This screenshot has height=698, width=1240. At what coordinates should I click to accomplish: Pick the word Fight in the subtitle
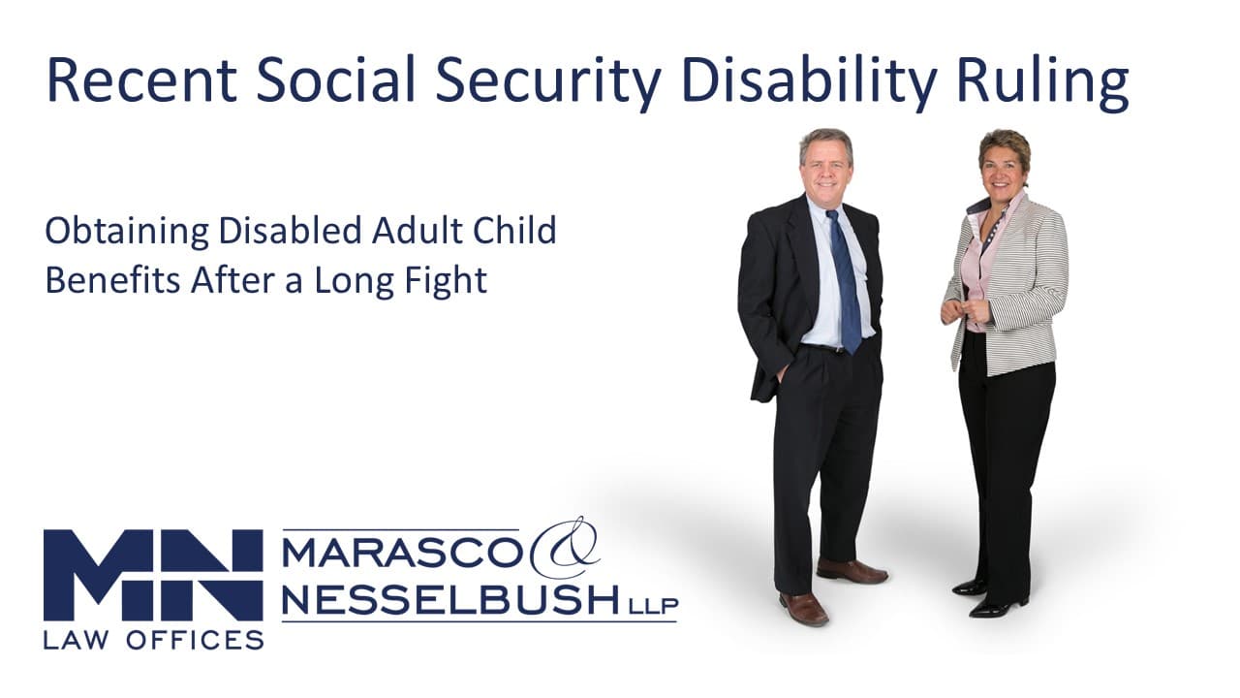tap(445, 280)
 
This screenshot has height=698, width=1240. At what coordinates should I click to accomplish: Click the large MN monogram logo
tap(153, 576)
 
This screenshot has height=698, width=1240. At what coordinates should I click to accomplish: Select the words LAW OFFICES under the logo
tap(153, 639)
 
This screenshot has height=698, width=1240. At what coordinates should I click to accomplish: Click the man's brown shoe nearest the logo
tap(803, 608)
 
